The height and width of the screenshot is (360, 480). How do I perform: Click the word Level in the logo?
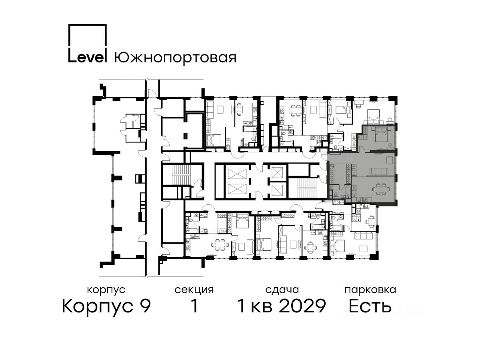point(87,57)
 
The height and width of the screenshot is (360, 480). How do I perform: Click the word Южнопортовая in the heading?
point(175,58)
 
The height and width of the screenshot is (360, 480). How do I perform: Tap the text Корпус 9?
point(106,306)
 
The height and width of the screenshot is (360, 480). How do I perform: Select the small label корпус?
point(106,290)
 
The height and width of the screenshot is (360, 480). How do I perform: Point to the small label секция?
point(194,290)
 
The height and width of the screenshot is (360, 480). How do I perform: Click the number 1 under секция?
point(194,306)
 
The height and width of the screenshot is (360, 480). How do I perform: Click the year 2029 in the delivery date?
point(303,306)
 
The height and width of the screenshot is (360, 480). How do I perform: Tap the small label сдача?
point(282,290)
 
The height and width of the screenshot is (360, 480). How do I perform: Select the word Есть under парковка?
point(370,306)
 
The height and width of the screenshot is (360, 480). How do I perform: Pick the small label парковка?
point(370,290)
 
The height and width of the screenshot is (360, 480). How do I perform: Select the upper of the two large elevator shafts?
point(237,176)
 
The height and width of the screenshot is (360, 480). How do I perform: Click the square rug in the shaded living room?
point(390,161)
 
